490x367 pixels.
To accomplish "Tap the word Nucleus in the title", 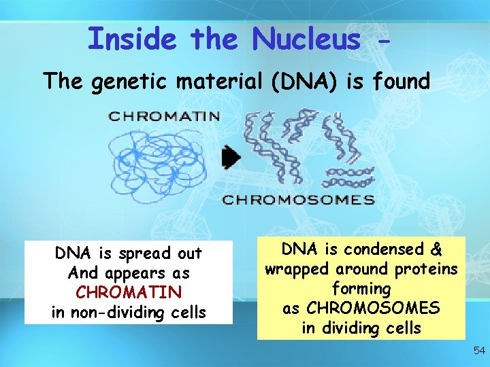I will click(306, 39).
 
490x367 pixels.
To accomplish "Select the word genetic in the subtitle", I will click(133, 82).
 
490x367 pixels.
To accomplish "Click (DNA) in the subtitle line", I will click(304, 82).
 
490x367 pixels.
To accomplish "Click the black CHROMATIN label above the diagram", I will click(164, 116).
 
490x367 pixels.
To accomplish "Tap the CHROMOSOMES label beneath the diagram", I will click(299, 200).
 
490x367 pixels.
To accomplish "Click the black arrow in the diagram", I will click(232, 158).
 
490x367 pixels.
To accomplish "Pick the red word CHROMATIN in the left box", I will click(129, 293).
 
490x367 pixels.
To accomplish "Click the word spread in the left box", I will click(142, 254).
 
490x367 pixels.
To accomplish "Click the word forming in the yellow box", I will click(361, 288).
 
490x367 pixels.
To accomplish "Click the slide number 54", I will click(479, 351).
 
